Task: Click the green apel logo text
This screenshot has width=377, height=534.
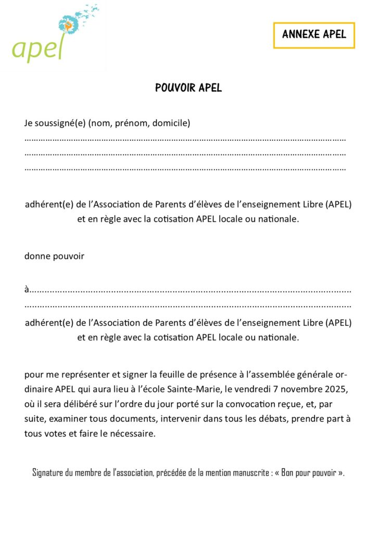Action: pos(37,48)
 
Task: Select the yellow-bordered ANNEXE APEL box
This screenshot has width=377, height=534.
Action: pos(314,35)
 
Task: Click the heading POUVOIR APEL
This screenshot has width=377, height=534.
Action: pos(188,88)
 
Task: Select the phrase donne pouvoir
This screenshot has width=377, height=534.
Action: pos(54,256)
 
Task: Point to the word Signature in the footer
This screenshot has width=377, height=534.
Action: pos(48,473)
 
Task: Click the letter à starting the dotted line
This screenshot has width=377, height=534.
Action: pos(27,288)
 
